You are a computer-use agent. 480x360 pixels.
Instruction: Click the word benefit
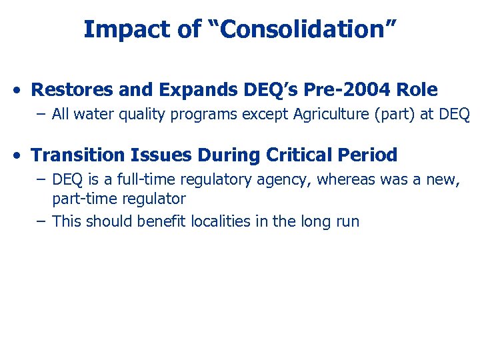(x=157, y=221)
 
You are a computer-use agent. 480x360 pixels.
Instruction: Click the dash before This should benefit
(x=41, y=221)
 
